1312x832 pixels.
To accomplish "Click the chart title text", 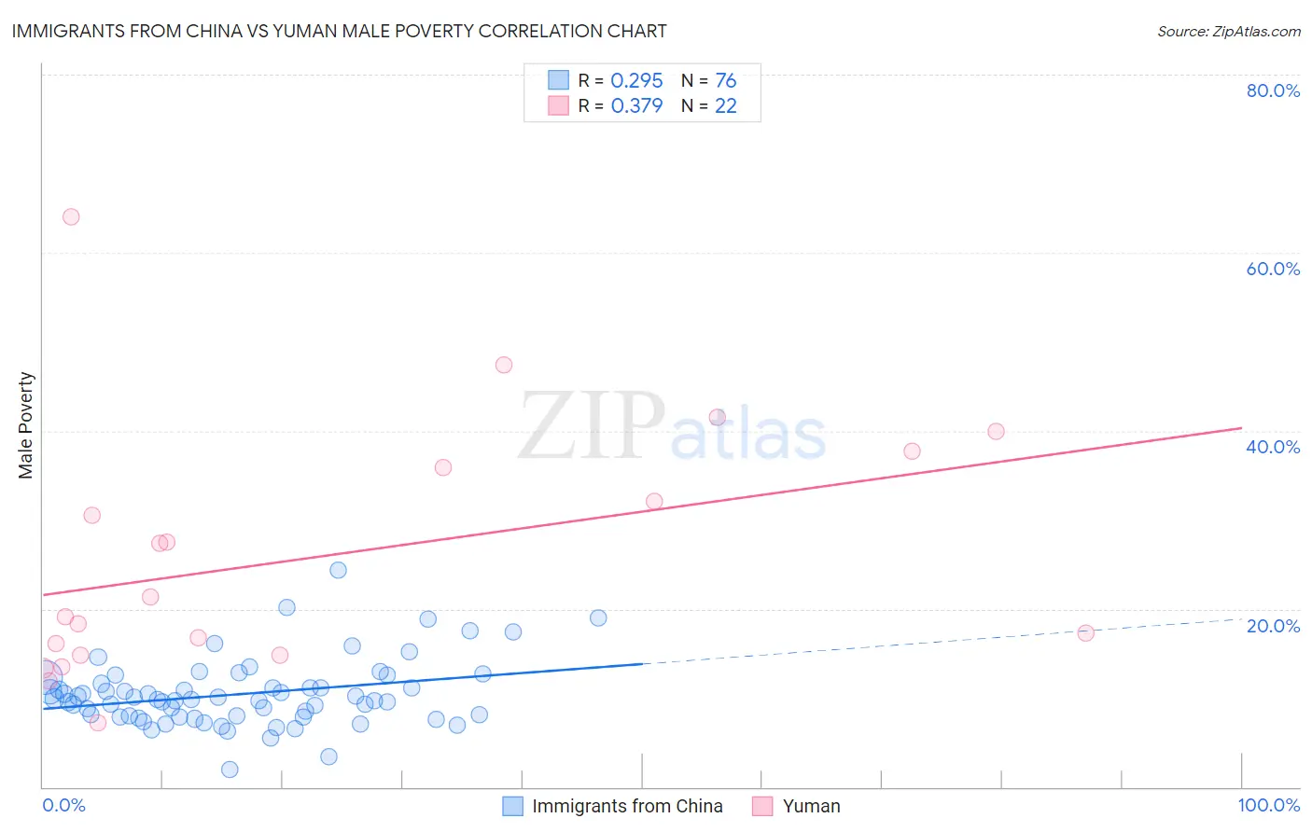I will pyautogui.click(x=339, y=31).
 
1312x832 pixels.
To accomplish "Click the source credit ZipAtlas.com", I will pyautogui.click(x=1228, y=31).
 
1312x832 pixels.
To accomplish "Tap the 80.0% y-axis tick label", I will pyautogui.click(x=1273, y=90).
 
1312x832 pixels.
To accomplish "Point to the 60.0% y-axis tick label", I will pyautogui.click(x=1273, y=269).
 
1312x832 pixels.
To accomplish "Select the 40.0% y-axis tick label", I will pyautogui.click(x=1273, y=447).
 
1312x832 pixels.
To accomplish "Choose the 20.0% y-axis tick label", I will pyautogui.click(x=1273, y=625).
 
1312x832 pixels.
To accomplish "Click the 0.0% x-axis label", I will pyautogui.click(x=63, y=805).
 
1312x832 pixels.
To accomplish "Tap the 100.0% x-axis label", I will pyautogui.click(x=1268, y=805).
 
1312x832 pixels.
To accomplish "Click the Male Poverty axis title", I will pyautogui.click(x=26, y=425).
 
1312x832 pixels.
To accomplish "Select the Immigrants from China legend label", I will pyautogui.click(x=627, y=806).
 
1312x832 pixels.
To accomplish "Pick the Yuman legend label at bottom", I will pyautogui.click(x=811, y=806).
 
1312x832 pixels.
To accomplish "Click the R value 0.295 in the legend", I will pyautogui.click(x=636, y=80).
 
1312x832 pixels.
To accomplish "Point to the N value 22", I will pyautogui.click(x=726, y=105).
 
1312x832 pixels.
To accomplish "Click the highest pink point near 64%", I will pyautogui.click(x=71, y=216).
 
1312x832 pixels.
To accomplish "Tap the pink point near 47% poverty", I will pyautogui.click(x=504, y=365).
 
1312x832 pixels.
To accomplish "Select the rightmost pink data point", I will pyautogui.click(x=1085, y=632).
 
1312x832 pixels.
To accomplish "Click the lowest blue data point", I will pyautogui.click(x=230, y=770).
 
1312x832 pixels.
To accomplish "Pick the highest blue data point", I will pyautogui.click(x=338, y=570).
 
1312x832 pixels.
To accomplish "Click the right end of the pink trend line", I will pyautogui.click(x=1241, y=427).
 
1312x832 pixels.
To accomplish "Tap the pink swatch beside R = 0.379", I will pyautogui.click(x=558, y=105).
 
